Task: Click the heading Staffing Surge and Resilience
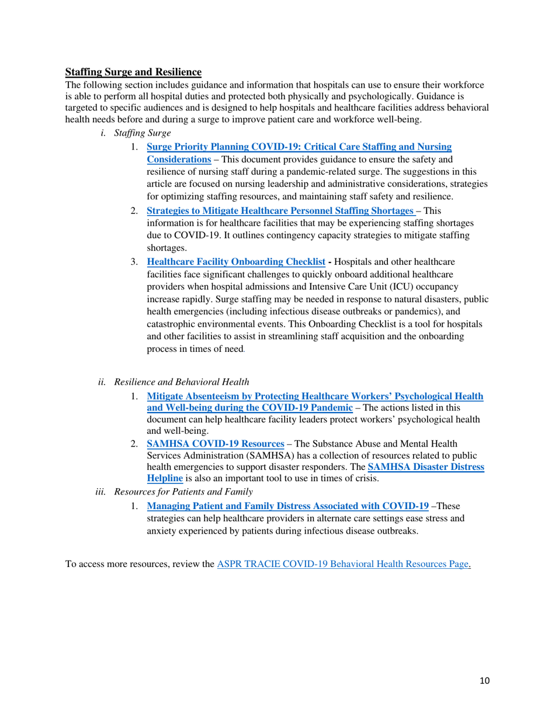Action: (x=133, y=72)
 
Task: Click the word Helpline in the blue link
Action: (x=165, y=477)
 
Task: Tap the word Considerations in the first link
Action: (x=178, y=159)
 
